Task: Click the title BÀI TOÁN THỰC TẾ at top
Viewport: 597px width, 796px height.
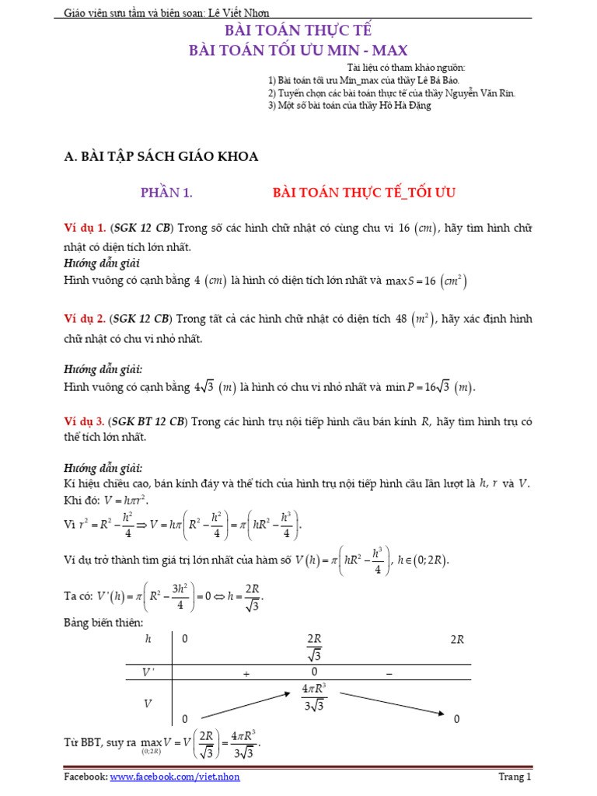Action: pos(298,31)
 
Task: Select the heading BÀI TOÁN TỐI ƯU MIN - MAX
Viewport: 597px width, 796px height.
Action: pos(298,51)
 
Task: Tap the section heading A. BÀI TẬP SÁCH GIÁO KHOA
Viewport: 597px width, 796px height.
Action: pos(161,156)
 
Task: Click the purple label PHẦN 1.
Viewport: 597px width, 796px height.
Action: pos(166,192)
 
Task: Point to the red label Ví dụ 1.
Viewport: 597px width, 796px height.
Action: pos(85,228)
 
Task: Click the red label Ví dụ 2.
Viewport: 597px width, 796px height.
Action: pos(85,319)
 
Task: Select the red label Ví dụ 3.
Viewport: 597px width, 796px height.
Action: pos(85,421)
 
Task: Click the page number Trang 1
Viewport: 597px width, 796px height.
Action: pos(515,777)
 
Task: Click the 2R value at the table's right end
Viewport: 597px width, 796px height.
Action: pos(457,640)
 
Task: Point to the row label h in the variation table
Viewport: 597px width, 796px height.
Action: pos(148,640)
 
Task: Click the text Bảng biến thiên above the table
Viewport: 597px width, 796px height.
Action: pos(103,623)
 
